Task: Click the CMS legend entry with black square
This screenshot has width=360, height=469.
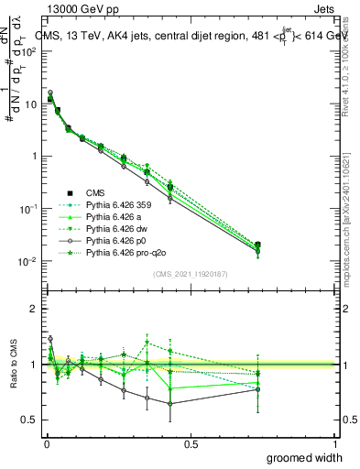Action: pos(95,193)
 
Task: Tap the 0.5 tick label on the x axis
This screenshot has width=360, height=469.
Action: pos(191,442)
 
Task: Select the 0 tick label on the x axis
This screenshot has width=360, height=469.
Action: pos(46,442)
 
